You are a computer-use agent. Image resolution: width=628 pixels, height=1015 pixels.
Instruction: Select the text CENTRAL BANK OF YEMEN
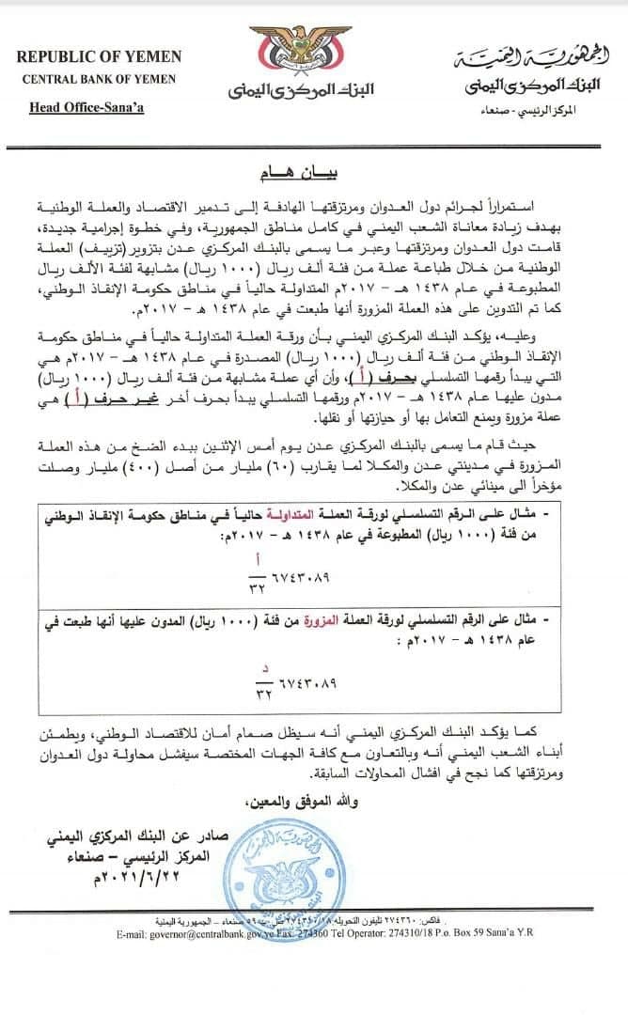click(99, 79)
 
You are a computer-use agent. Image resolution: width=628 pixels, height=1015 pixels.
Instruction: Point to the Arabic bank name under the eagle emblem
click(301, 91)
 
